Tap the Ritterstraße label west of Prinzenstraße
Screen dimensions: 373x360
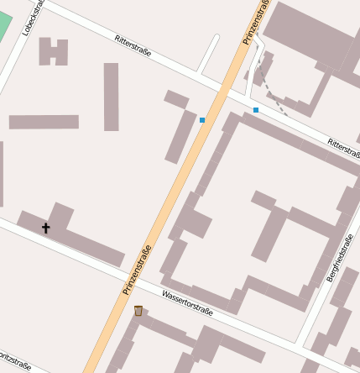[133, 45]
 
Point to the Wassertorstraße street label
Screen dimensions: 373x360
[188, 303]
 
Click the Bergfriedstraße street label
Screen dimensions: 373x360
[339, 259]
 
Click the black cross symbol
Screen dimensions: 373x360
[45, 228]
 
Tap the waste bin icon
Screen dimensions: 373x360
[138, 311]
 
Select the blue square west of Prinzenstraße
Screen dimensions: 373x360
[202, 120]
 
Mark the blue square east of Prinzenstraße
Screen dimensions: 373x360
[256, 110]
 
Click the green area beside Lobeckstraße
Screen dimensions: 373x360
[5, 23]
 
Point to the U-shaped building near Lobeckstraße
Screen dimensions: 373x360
[53, 52]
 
